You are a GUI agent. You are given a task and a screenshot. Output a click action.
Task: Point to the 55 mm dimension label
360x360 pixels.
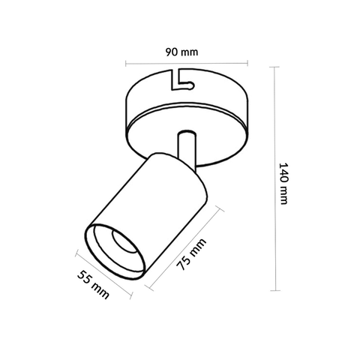[x=94, y=284]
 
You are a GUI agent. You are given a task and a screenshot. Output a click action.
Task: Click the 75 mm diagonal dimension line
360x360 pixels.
[x=184, y=247]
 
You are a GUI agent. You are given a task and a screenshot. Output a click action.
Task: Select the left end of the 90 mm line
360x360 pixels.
[x=125, y=64]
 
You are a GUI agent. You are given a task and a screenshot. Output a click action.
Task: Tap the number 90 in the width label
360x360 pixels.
[x=172, y=52]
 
